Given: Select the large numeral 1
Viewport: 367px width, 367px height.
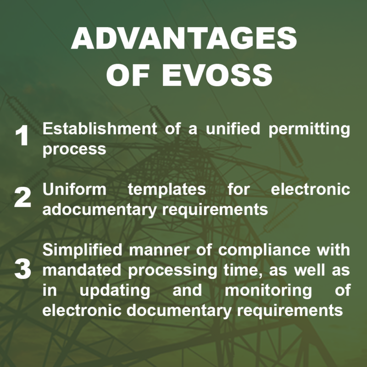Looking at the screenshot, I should tap(22, 137).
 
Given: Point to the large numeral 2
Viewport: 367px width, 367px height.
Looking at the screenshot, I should tap(22, 198).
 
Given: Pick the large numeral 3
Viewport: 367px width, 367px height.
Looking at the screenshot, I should tap(22, 270).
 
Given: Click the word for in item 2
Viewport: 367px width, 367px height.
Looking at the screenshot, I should tap(237, 189).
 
